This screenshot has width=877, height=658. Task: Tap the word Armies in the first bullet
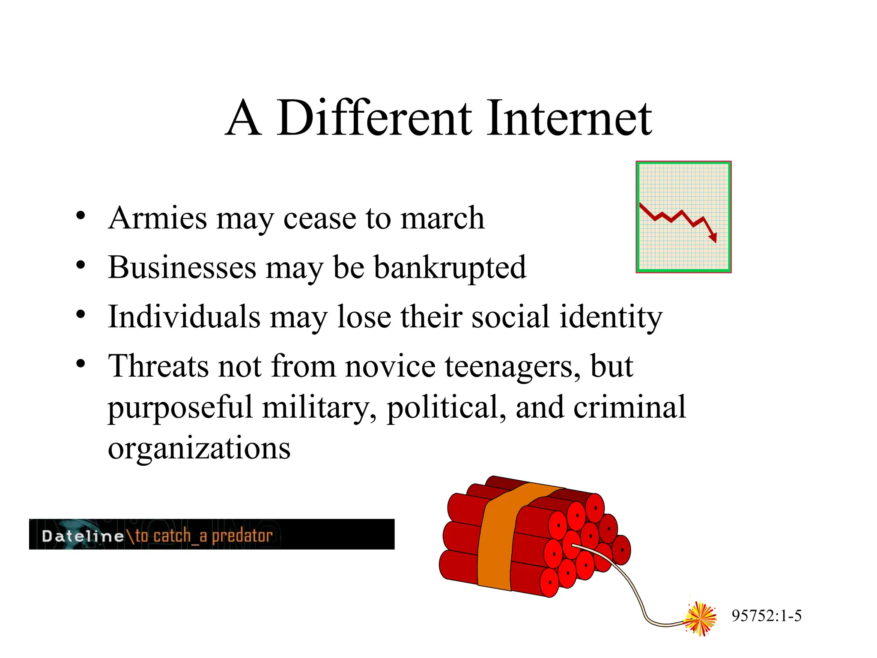[x=158, y=218]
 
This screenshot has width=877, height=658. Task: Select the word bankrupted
[x=450, y=268]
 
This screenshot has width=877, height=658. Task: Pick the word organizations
[x=199, y=448]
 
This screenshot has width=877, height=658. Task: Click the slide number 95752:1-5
[x=767, y=616]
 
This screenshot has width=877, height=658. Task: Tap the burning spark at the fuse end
[x=700, y=618]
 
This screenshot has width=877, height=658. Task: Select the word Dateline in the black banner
[x=83, y=536]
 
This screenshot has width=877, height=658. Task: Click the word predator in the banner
[x=242, y=536]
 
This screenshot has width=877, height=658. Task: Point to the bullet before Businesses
[x=81, y=266]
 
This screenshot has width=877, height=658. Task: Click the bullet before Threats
[x=81, y=364]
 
